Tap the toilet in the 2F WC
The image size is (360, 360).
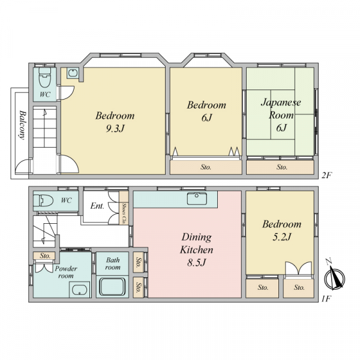coord(44,77)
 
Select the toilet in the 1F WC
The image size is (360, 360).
coord(43,201)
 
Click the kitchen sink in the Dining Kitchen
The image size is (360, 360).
coord(197,199)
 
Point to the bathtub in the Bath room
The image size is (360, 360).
coord(112,287)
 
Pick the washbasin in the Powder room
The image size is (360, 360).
coord(79,290)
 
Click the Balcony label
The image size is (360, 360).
coord(22,125)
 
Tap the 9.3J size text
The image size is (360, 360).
coord(115,128)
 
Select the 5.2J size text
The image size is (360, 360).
coord(282,237)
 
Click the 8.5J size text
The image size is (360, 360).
coord(196,262)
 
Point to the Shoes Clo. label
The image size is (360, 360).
coord(124,214)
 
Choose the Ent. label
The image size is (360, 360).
coord(97,206)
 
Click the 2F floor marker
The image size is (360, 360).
coord(326,175)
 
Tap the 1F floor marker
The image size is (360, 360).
coord(326,299)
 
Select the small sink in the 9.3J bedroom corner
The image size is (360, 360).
coord(73,73)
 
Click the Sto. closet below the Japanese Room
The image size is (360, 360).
coord(280,167)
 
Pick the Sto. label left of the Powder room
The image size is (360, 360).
coord(45,256)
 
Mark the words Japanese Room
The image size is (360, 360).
coord(281,109)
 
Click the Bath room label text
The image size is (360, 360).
coord(113,263)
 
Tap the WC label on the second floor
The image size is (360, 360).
coord(45,94)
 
